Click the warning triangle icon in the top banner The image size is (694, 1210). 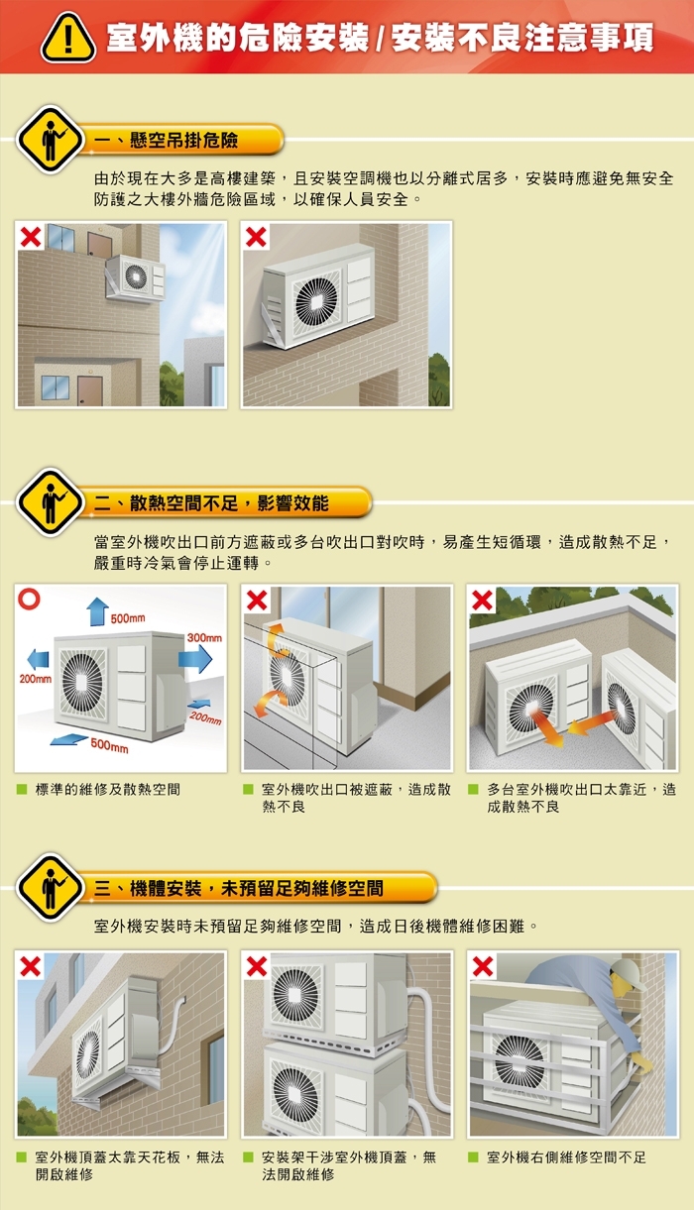pos(66,38)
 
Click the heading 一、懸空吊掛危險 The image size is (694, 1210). pos(166,141)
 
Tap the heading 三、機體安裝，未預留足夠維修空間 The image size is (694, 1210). pos(238,888)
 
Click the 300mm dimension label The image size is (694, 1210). pos(203,635)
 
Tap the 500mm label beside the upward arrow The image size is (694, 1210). pos(128,618)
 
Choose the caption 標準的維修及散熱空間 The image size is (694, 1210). pos(107,790)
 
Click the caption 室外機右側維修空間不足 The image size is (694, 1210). pos(566,1156)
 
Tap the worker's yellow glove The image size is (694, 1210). pos(640,1061)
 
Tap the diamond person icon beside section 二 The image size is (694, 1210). pos(50,503)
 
